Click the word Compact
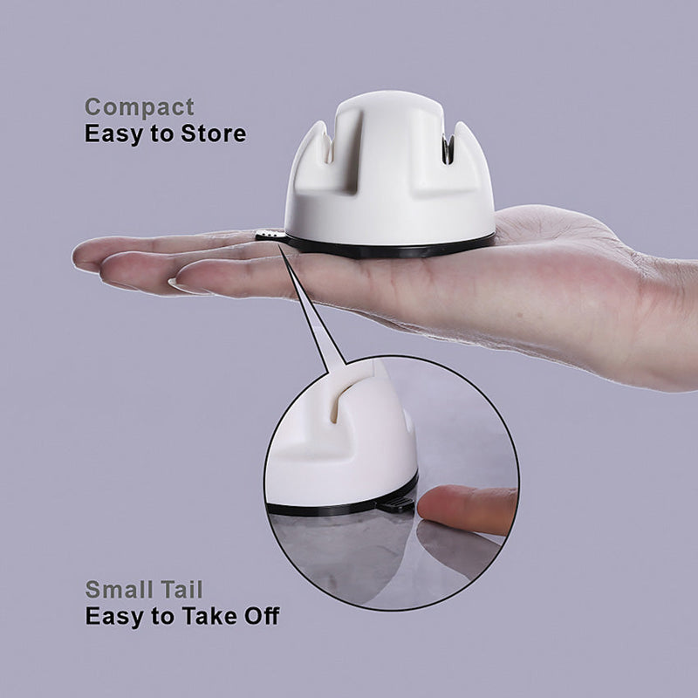click(139, 108)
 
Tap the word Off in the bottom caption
click(259, 616)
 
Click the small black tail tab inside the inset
click(398, 503)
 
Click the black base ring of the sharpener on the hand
click(393, 249)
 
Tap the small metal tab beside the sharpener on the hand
click(267, 235)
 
